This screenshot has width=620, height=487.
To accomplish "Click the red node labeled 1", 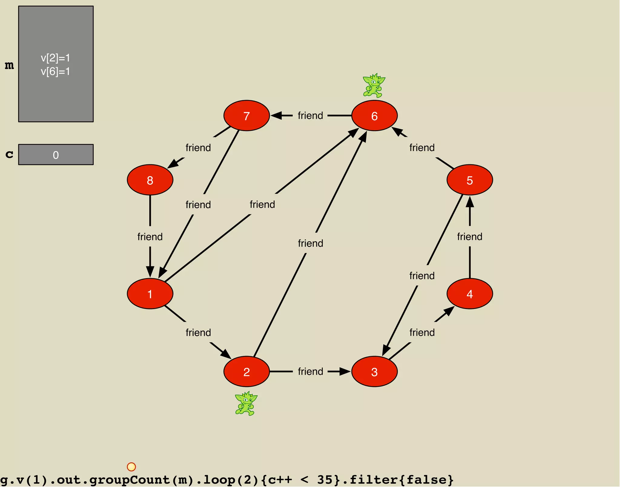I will click(150, 294).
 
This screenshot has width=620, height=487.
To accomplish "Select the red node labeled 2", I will click(246, 371).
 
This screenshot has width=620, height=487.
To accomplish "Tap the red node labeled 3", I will click(374, 371).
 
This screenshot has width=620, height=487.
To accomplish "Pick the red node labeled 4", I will click(470, 294).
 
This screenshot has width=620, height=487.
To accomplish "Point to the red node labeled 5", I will click(470, 180).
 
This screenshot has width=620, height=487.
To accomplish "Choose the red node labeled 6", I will click(374, 116).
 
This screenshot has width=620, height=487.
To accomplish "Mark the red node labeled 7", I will click(246, 116).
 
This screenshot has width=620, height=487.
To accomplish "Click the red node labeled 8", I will click(150, 180).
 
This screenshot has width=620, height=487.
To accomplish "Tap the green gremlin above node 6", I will click(374, 85).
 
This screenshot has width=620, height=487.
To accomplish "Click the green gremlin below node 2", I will click(246, 403).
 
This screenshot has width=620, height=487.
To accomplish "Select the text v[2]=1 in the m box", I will click(55, 58).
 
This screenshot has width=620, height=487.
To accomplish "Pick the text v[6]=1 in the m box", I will click(55, 71).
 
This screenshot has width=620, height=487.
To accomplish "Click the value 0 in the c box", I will click(56, 155).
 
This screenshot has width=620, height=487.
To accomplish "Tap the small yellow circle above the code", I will click(131, 467).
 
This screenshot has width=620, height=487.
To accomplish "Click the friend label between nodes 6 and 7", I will click(310, 116).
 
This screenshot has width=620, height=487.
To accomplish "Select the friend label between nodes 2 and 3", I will click(310, 371).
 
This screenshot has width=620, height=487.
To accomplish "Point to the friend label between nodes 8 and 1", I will click(150, 236).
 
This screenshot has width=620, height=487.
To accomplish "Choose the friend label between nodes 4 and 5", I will click(470, 236).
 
